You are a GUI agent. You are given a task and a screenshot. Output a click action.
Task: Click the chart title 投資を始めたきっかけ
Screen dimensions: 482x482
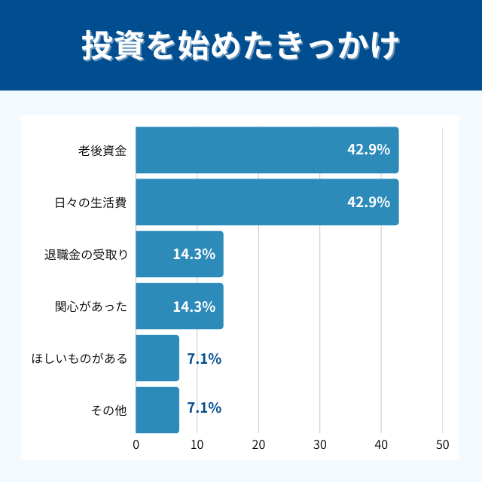click(x=240, y=46)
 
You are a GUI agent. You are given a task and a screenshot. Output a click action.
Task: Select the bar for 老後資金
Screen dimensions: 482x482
click(x=267, y=150)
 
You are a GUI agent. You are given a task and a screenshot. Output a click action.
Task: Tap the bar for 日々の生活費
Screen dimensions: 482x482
click(x=267, y=202)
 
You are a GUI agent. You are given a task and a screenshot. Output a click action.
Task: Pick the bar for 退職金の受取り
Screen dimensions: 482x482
click(x=179, y=254)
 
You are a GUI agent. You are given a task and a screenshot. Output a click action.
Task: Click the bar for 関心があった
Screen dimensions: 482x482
click(x=179, y=306)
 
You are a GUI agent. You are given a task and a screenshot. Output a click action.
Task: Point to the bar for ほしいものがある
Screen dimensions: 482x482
click(x=157, y=358)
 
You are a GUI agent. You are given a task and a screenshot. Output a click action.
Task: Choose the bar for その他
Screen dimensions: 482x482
click(x=157, y=410)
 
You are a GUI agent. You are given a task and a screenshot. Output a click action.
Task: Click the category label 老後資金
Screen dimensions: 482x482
click(x=102, y=150)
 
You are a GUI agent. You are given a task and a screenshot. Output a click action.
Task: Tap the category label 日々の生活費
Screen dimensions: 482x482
click(x=90, y=202)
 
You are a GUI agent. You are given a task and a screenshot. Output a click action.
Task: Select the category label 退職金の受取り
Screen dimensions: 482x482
click(x=85, y=254)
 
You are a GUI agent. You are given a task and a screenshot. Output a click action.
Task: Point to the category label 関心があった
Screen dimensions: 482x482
click(x=91, y=307)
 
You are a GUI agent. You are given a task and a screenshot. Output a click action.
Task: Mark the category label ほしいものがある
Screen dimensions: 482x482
click(x=79, y=358)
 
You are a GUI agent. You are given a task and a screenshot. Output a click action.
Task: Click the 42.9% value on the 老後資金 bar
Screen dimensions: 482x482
click(x=368, y=150)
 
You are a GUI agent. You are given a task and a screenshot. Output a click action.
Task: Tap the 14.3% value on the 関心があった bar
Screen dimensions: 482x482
click(x=194, y=307)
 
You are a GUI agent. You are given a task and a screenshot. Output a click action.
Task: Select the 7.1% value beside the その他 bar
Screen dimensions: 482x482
click(x=204, y=408)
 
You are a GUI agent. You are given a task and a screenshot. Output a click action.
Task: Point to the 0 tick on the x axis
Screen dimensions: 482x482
click(x=136, y=444)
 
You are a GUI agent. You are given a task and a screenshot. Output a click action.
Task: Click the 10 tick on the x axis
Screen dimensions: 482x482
click(x=197, y=444)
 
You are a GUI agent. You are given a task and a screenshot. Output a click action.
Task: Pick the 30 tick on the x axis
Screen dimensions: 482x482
click(x=320, y=444)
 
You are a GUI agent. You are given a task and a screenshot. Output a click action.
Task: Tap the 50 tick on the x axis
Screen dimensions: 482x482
click(x=442, y=444)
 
